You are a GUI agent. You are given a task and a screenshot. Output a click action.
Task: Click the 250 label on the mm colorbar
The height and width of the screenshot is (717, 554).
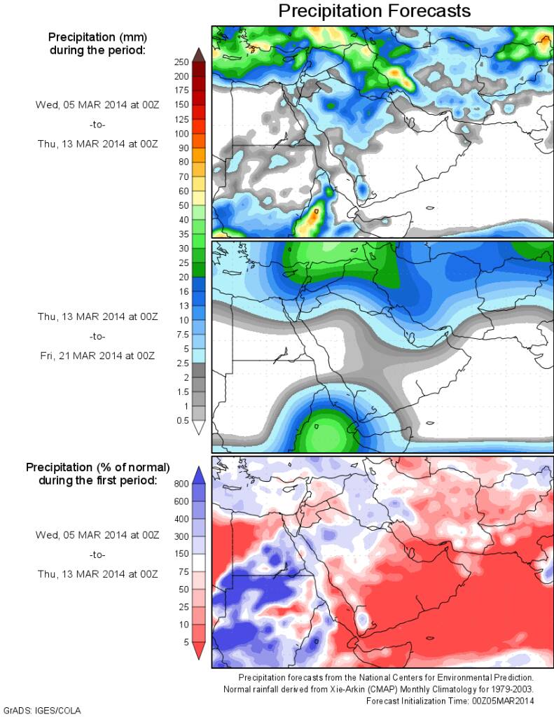[181, 62]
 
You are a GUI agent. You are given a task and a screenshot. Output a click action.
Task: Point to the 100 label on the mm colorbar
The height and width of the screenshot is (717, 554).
[181, 133]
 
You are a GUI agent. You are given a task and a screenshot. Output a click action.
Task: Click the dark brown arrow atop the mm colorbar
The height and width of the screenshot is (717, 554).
[198, 54]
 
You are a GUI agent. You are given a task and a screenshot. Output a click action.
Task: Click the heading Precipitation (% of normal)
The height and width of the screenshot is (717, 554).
[97, 467]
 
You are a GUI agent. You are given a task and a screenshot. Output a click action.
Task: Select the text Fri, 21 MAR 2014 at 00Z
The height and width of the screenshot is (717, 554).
[97, 356]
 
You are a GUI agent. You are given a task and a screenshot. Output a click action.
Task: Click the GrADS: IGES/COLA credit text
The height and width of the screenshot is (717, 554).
[42, 711]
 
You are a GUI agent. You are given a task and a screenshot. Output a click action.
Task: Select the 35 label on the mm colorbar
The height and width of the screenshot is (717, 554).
[182, 233]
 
